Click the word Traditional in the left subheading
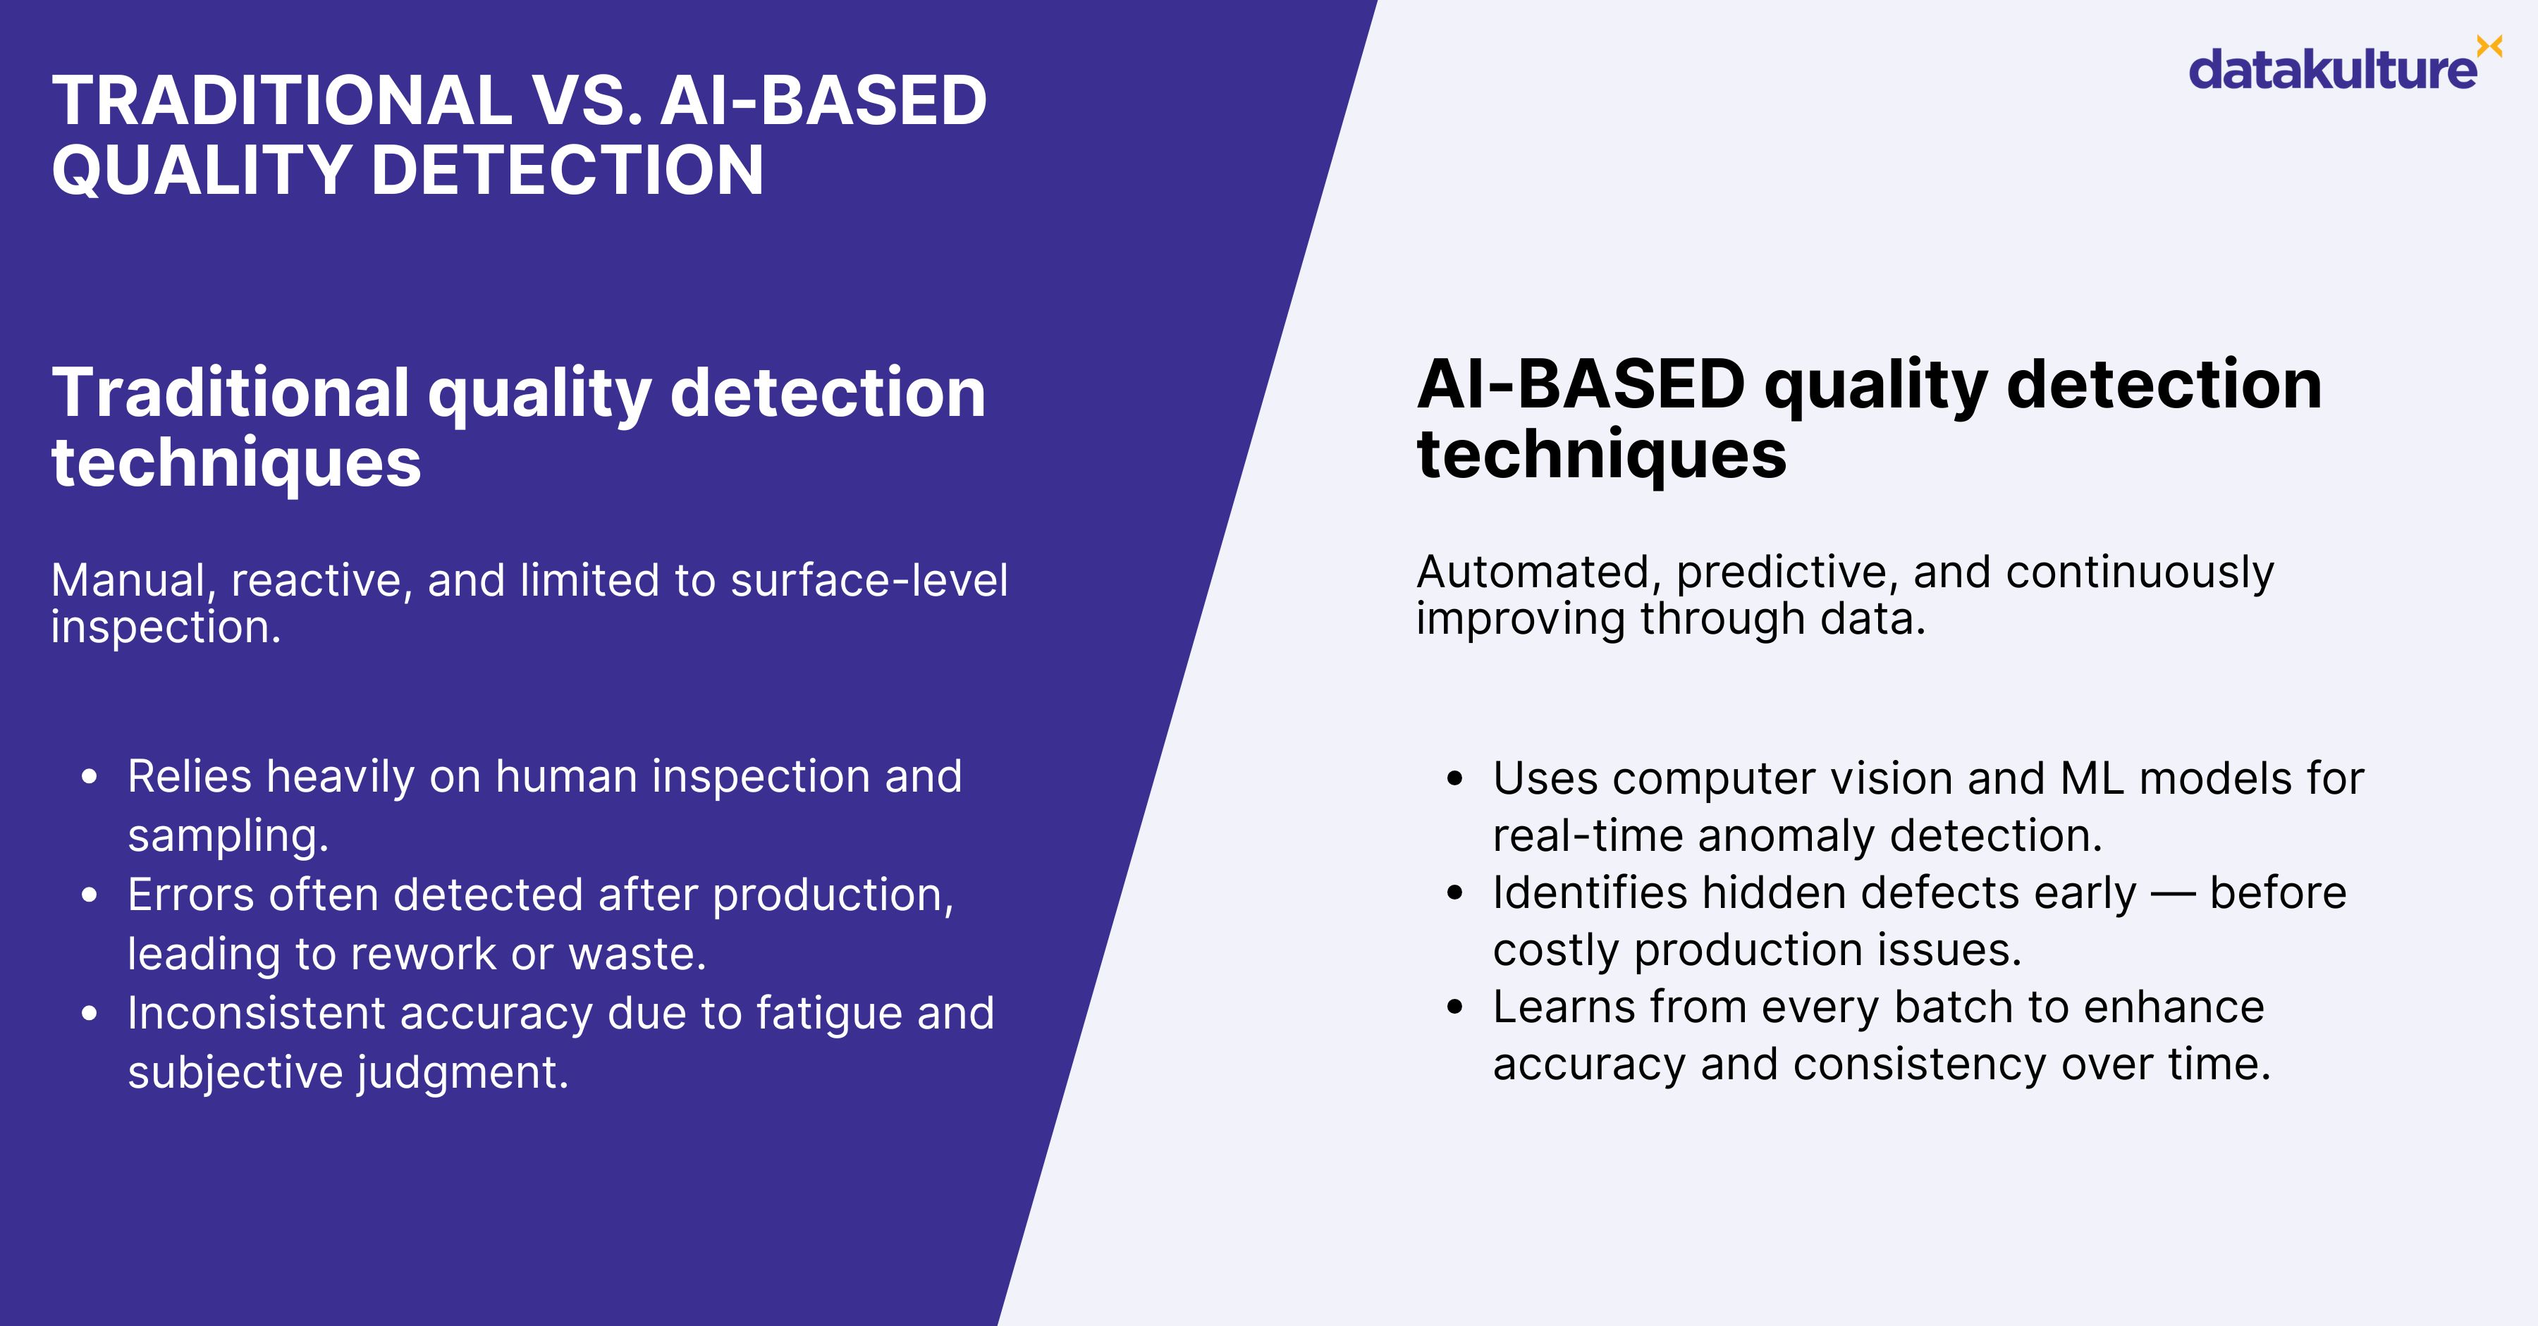pos(230,392)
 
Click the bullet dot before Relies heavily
pos(90,778)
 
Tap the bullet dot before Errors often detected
pos(90,895)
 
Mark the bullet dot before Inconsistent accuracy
pos(90,1014)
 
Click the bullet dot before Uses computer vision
pos(1455,779)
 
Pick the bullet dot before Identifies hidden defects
pos(1455,894)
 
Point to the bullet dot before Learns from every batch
pos(1455,1008)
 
